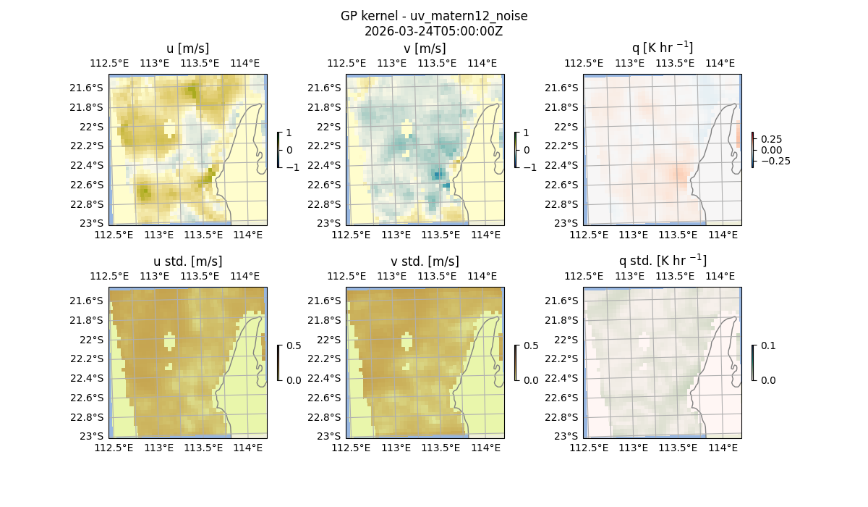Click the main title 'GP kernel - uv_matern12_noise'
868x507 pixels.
coord(433,16)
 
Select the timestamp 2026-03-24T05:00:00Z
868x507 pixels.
coord(433,31)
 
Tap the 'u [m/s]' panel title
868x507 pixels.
coord(187,49)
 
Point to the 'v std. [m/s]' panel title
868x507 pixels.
coord(425,261)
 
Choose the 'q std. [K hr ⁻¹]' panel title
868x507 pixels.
coord(662,261)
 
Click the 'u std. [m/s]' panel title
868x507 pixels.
coord(187,261)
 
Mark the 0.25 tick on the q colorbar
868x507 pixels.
coord(771,139)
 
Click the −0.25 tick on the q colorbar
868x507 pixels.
coord(774,161)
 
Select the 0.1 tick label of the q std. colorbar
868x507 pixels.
coord(767,345)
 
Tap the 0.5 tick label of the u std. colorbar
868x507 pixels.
coord(294,345)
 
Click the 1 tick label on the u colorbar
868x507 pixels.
coord(290,133)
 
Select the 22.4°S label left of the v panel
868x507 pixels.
coord(326,165)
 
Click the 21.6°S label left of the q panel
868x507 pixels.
coord(563,88)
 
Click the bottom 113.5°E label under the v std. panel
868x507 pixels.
coord(441,448)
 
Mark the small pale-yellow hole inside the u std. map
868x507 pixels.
coord(169,340)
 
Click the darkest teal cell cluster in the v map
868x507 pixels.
coord(438,174)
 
